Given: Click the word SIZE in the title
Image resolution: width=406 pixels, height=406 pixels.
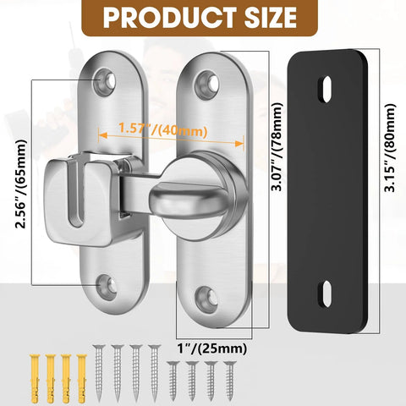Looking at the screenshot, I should pos(263,19).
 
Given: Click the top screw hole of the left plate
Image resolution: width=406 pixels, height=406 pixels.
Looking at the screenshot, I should pos(107,81).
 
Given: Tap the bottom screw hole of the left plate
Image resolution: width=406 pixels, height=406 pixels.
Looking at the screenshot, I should pos(107,286).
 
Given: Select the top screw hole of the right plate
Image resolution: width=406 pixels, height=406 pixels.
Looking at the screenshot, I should pos(203,83).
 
